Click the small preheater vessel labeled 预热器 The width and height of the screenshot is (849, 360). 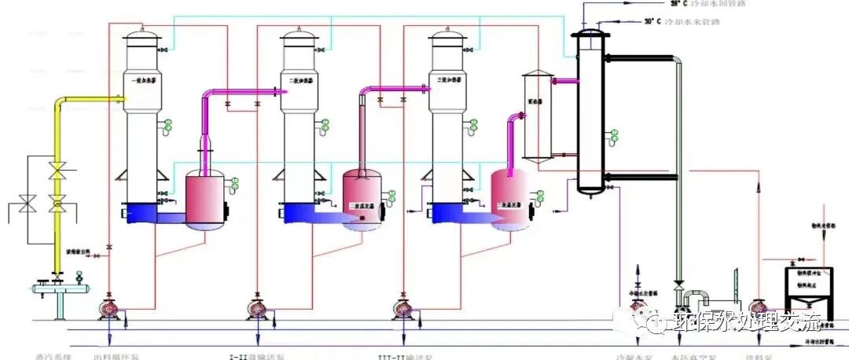point(539,118)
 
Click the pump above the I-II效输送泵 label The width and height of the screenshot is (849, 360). point(255,306)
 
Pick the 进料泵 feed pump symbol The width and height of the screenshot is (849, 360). point(758,306)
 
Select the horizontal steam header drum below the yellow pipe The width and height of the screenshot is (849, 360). point(58,288)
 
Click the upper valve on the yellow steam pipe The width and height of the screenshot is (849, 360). point(57,171)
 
